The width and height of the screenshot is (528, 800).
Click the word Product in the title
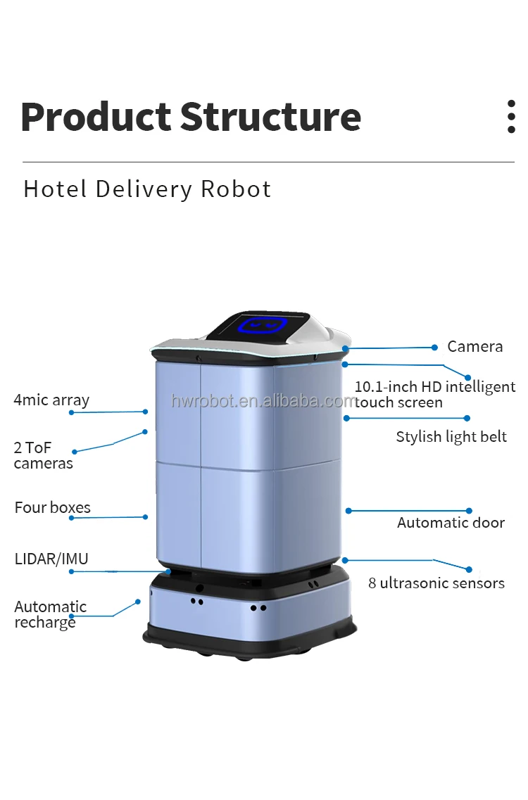point(96,117)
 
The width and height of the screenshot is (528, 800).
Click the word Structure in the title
point(270,117)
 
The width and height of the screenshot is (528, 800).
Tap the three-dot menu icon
point(511,116)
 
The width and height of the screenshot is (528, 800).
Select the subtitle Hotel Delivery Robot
point(147,189)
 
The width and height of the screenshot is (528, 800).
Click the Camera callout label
point(475,346)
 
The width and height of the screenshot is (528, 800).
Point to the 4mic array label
point(51,400)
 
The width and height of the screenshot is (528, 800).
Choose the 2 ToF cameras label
point(44,455)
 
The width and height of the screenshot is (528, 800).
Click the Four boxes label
point(53,508)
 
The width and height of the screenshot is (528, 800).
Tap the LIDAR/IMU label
point(51,559)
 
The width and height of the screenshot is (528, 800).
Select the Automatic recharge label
point(50,614)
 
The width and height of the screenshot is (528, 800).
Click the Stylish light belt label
point(451,437)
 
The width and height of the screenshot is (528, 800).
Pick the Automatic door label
point(451,523)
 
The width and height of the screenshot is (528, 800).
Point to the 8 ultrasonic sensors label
point(436,583)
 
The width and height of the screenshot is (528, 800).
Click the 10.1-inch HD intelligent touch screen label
point(435,395)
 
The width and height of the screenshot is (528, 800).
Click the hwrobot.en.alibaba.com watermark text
point(263,401)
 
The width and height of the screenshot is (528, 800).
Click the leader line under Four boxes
point(108,517)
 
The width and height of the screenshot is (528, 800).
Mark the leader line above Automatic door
point(408,511)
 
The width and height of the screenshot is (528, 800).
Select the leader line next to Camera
point(390,348)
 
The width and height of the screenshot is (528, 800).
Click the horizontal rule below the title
point(269,163)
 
